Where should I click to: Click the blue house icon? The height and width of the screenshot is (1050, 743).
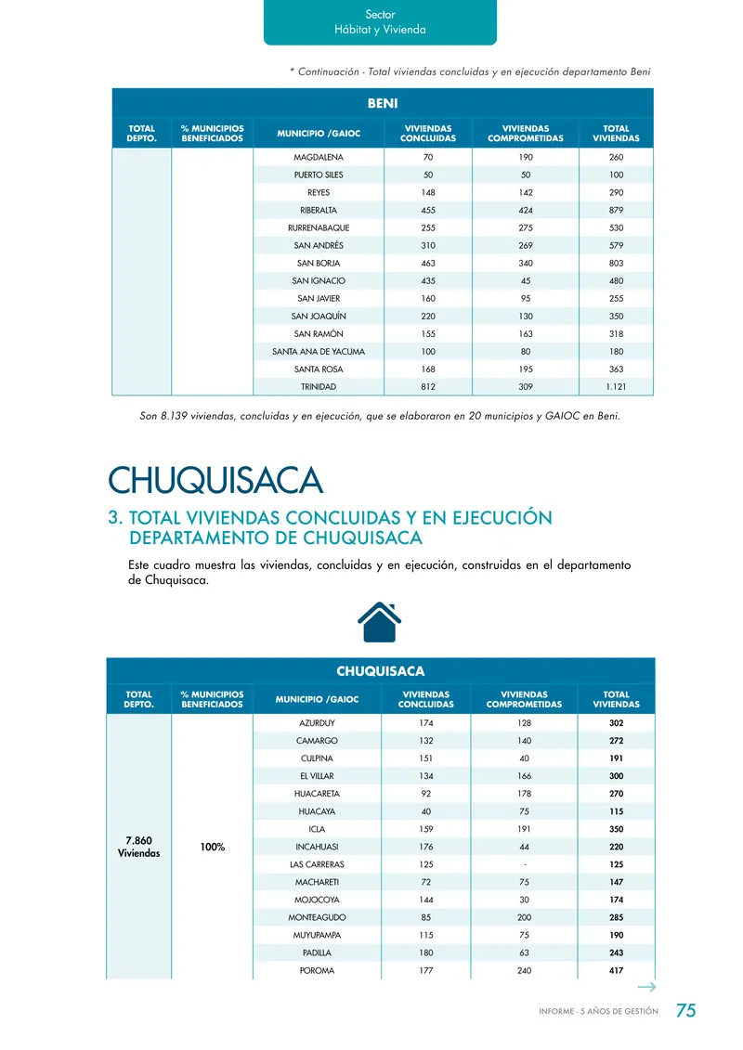point(379,621)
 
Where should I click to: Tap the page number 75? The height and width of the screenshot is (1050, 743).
point(685,1011)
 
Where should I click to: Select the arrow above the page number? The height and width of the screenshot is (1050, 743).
point(647,987)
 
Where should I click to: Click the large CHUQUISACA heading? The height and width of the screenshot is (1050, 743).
point(215,481)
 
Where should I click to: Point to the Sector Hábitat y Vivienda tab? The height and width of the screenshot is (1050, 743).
point(380,22)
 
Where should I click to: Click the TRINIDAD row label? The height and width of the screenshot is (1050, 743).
point(318,386)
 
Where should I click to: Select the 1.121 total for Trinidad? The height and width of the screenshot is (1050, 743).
point(616,386)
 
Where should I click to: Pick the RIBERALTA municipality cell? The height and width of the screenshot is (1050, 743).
point(318,210)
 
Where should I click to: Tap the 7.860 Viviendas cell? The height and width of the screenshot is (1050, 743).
point(138,847)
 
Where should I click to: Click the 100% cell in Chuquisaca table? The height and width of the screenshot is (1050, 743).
point(213,847)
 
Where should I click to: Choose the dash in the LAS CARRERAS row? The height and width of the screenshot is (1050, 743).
point(526,864)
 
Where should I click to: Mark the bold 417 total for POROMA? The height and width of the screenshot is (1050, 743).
point(616,970)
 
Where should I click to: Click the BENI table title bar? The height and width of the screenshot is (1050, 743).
point(383,103)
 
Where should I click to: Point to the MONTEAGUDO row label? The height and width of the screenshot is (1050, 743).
point(318,917)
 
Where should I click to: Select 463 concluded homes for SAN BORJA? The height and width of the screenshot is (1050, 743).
point(427,263)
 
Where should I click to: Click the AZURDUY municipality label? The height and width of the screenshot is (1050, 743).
point(318,723)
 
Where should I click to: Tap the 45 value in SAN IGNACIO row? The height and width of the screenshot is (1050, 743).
point(526,280)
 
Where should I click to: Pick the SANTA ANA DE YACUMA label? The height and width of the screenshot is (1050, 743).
point(318,351)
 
